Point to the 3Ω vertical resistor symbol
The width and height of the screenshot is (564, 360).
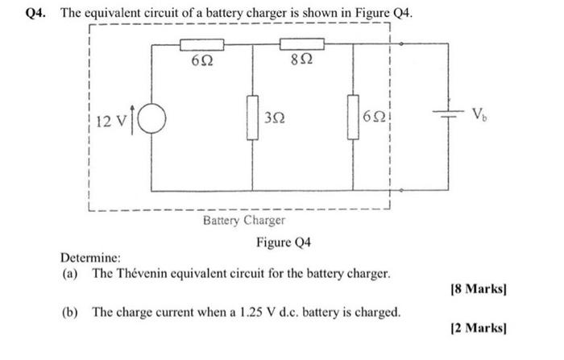point(253,118)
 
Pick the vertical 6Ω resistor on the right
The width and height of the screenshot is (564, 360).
point(353,118)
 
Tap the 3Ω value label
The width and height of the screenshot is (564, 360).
point(274,118)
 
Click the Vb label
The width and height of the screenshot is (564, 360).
point(479,114)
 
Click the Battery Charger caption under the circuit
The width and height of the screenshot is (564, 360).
point(243,220)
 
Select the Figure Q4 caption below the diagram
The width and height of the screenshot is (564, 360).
point(284,242)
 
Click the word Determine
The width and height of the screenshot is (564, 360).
point(91,258)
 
